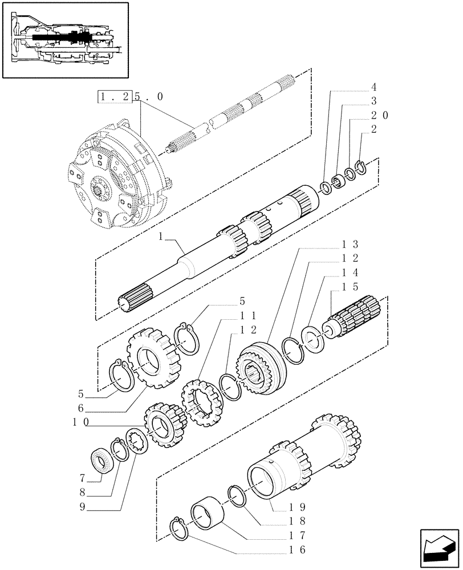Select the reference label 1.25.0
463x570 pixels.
point(131,97)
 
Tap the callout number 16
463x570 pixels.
point(297,550)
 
